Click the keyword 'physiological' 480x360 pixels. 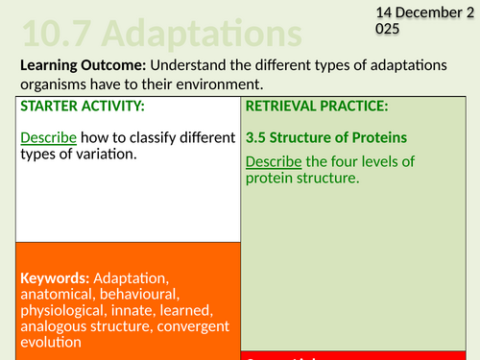(61, 310)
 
